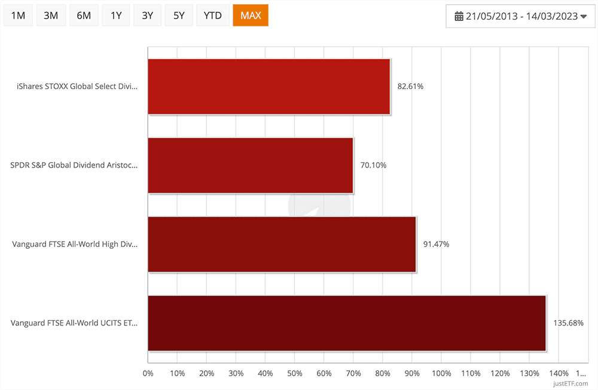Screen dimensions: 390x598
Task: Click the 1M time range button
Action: pyautogui.click(x=18, y=16)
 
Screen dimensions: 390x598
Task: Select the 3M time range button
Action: pyautogui.click(x=51, y=16)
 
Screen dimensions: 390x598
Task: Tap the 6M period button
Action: pyautogui.click(x=84, y=16)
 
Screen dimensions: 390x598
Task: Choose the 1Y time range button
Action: pyautogui.click(x=116, y=16)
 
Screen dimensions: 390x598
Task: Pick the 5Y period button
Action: pyautogui.click(x=179, y=16)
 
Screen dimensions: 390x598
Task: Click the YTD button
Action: pyautogui.click(x=212, y=16)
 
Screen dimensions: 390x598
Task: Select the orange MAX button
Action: pyautogui.click(x=251, y=16)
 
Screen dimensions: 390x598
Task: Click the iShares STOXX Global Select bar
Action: pyautogui.click(x=269, y=86)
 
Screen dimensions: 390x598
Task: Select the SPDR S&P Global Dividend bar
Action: pyautogui.click(x=250, y=165)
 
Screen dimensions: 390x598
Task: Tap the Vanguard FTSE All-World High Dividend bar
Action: pyautogui.click(x=281, y=244)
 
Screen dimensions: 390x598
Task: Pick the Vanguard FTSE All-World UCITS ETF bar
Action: pyautogui.click(x=346, y=323)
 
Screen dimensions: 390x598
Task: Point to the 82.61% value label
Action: pyautogui.click(x=410, y=86)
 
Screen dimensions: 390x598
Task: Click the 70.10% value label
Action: pyautogui.click(x=373, y=165)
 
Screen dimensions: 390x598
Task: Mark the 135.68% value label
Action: pyautogui.click(x=568, y=323)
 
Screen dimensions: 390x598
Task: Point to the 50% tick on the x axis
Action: pyautogui.click(x=294, y=374)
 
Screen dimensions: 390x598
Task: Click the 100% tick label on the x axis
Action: pyautogui.click(x=441, y=374)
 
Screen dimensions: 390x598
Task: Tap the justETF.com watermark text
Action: pyautogui.click(x=571, y=383)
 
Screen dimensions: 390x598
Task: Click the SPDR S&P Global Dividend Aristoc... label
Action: pyautogui.click(x=74, y=165)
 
